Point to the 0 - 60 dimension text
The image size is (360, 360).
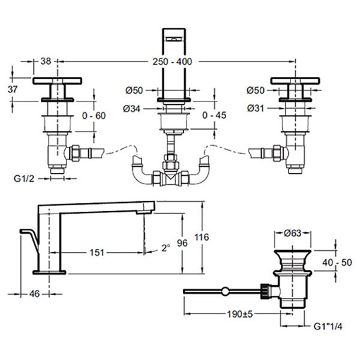(95, 116)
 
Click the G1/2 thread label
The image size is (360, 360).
(24, 178)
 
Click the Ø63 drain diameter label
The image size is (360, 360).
(292, 233)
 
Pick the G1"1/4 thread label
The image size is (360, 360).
(328, 327)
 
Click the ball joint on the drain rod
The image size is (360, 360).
(225, 292)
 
